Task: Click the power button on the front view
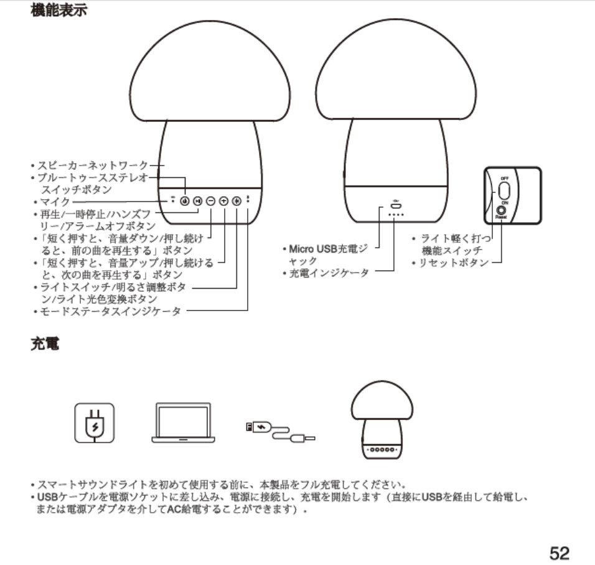pyautogui.click(x=184, y=201)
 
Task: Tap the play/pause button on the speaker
pyautogui.click(x=197, y=201)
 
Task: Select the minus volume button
pyautogui.click(x=210, y=201)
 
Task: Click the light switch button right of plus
pyautogui.click(x=237, y=201)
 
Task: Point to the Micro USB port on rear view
pyautogui.click(x=395, y=205)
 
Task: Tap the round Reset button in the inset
pyautogui.click(x=500, y=212)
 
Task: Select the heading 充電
pyautogui.click(x=45, y=343)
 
